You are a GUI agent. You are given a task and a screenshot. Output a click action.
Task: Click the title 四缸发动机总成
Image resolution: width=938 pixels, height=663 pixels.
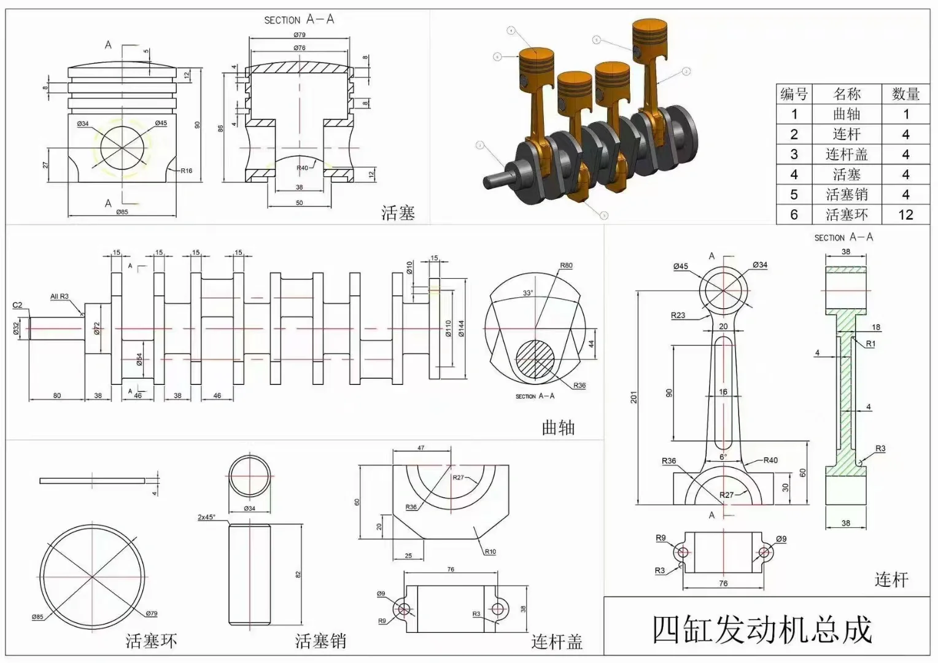762,630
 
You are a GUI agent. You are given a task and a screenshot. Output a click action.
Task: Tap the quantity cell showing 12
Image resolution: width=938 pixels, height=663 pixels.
905,215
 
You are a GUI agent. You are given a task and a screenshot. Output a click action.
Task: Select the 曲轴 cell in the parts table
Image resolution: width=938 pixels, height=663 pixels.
847,114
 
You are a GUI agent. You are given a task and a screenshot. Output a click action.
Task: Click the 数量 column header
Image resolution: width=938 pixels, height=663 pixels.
905,94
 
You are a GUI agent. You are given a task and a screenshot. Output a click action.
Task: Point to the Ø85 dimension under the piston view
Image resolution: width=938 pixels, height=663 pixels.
122,212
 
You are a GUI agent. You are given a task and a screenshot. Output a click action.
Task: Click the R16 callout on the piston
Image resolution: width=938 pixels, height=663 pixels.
186,171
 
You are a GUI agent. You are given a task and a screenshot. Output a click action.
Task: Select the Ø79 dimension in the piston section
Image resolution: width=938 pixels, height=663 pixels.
299,35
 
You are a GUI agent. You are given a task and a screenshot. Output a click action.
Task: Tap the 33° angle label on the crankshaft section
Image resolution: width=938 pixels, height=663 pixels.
527,293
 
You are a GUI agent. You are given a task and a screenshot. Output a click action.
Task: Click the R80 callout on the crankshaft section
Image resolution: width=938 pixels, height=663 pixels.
566,266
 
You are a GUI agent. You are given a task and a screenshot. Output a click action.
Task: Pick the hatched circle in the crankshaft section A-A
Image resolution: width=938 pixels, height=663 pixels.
535,359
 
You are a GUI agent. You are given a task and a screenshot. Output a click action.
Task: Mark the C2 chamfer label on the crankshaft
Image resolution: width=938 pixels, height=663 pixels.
17,305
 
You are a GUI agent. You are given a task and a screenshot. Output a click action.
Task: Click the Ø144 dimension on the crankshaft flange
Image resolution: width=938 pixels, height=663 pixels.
461,328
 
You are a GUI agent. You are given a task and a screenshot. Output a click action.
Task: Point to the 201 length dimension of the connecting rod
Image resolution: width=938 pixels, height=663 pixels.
634,397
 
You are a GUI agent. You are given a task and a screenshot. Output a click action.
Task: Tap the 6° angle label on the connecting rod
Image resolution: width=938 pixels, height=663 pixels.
723,457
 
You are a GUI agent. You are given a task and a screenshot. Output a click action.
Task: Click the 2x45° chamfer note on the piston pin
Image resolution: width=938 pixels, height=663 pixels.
206,518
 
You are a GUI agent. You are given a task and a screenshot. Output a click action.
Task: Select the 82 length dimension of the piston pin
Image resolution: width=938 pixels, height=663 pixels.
298,575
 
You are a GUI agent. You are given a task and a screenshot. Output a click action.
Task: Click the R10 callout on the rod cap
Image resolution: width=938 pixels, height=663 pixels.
490,552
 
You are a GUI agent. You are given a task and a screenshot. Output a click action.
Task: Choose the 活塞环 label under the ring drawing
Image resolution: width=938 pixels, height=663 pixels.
151,642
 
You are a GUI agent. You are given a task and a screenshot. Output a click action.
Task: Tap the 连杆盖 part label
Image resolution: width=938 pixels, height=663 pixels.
557,642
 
